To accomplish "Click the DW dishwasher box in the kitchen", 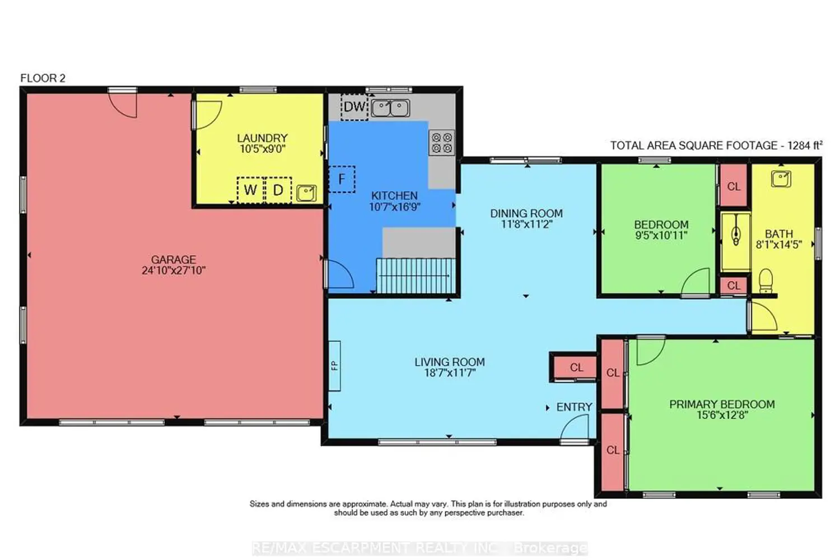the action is point(354,108).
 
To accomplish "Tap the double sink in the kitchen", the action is point(390,108).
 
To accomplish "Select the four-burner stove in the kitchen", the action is point(442,143).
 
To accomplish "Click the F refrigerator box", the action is point(342,179).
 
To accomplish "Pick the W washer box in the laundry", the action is point(250,190).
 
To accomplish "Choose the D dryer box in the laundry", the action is point(278,190).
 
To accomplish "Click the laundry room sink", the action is point(306,193).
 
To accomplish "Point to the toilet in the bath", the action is point(766,281).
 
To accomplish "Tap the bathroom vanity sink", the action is point(781,179).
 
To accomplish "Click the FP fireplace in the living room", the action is point(334,366).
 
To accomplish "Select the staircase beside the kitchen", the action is point(416,276).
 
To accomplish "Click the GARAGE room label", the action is point(174,259).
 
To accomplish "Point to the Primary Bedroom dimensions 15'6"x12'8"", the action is point(722,415).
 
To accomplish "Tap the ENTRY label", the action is point(574,407).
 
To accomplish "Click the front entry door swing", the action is point(574,428).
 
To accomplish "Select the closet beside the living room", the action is point(576,367).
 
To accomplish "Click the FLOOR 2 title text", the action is point(43,78).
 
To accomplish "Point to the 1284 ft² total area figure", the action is point(805,145).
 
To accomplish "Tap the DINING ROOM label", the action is point(526,213).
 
